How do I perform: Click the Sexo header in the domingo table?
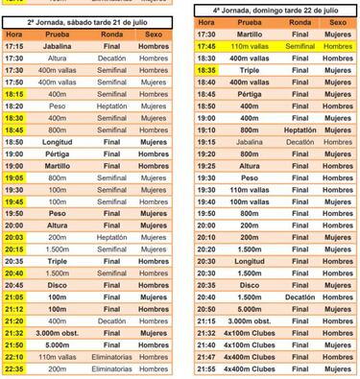point(336,21)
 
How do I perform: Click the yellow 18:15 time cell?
point(13,95)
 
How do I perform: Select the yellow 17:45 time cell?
point(205,45)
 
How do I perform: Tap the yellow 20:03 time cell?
point(13,237)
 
